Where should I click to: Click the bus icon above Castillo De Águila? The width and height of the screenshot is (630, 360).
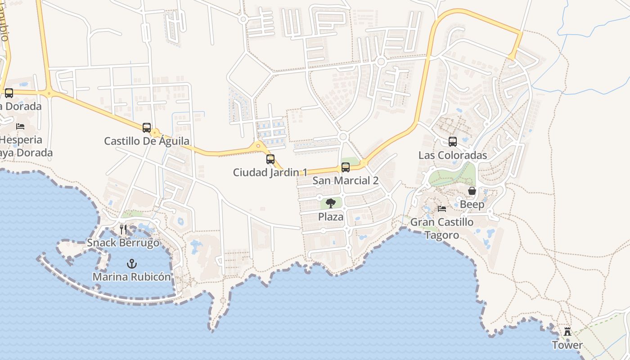147,127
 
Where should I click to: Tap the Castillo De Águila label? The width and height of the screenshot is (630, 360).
147,141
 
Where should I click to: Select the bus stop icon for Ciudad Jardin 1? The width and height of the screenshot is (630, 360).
270,159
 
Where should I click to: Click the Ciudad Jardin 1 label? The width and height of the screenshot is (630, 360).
270,172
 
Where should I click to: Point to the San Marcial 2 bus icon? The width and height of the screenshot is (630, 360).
346,167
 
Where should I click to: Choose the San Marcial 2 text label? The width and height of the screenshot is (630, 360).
346,181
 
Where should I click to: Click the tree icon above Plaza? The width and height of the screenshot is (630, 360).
331,203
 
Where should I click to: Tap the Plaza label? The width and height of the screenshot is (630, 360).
331,217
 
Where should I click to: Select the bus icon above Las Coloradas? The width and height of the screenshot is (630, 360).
453,142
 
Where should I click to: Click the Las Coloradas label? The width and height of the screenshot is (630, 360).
453,155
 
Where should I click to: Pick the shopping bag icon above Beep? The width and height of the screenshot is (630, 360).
472,191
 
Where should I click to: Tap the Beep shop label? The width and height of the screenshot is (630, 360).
472,205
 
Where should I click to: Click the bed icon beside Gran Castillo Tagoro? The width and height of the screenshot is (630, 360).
442,209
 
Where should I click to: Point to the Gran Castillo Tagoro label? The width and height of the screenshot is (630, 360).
442,229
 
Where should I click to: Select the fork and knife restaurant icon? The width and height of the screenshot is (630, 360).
123,229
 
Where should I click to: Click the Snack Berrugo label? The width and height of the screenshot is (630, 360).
123,243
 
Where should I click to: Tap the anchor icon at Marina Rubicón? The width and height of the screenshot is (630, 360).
132,263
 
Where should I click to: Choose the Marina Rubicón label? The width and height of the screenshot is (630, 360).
132,277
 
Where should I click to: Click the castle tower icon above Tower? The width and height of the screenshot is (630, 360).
567,332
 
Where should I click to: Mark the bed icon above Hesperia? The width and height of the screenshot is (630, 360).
20,126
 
